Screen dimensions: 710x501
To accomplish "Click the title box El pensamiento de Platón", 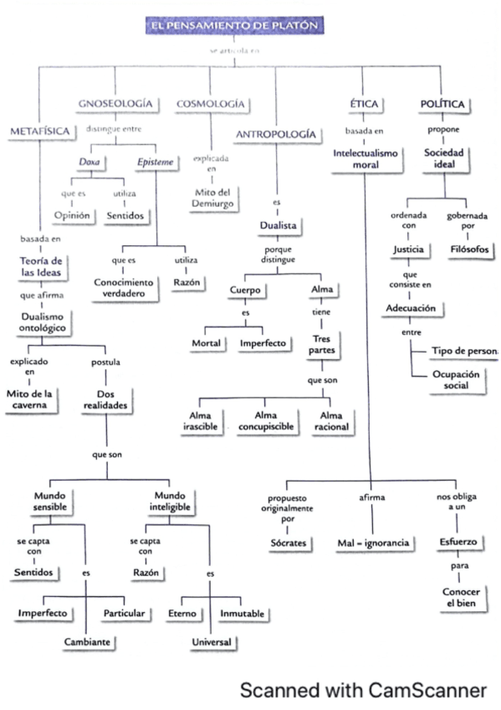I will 233,26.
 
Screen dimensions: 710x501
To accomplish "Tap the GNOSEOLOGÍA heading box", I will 116,103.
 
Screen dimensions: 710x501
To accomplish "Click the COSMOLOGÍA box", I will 211,103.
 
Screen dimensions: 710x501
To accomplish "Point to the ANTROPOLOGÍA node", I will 275,134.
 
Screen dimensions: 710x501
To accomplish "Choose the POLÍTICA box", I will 442,104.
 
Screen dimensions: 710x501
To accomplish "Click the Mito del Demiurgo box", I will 211,198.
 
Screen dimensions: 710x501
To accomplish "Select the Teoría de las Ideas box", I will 40,266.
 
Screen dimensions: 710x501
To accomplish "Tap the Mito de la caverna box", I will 33,399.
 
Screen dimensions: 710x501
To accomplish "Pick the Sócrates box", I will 287,543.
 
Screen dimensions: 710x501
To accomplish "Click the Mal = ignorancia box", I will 373,543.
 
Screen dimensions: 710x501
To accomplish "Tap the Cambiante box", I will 89,642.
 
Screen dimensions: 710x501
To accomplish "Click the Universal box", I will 210,642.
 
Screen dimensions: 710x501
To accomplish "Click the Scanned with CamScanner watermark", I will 363,690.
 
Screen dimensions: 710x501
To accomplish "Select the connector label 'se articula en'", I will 233,52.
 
